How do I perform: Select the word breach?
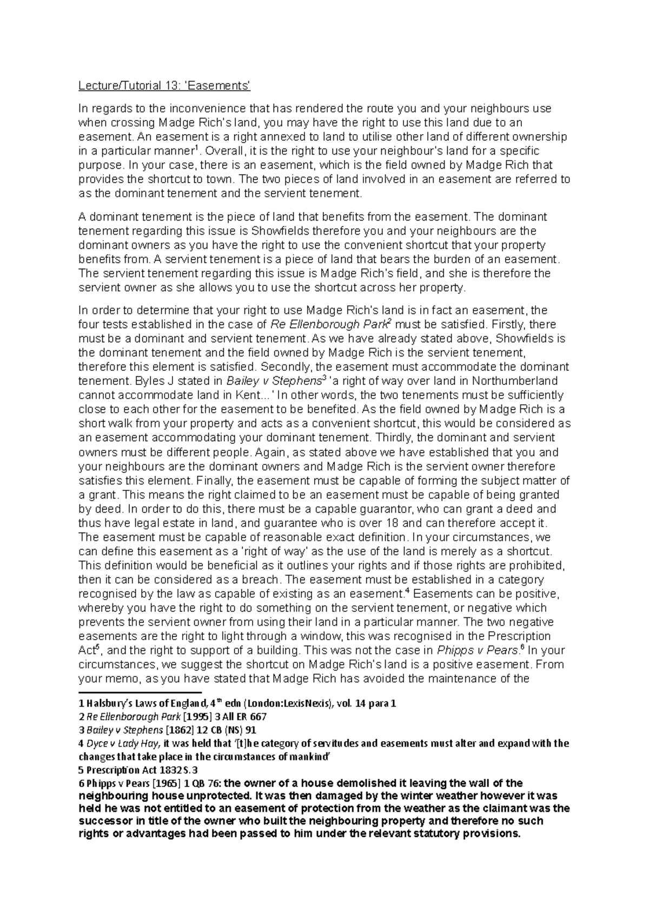pos(263,580)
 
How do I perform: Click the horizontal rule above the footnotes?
pos(140,692)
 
